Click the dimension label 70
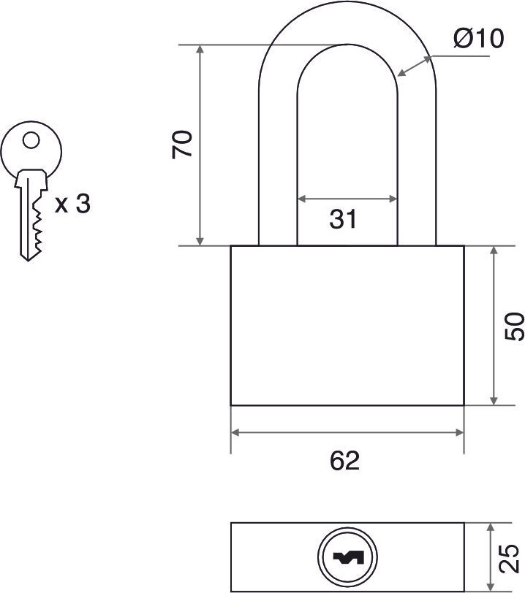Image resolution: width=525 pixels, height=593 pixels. pos(182,145)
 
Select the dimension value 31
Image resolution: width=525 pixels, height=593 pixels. pos(343,219)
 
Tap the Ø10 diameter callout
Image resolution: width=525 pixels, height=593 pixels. pos(479,38)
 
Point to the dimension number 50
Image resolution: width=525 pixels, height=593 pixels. pos(515,326)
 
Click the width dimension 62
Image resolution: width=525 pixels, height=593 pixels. pos(344,461)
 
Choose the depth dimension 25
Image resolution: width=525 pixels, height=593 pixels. pos(508,558)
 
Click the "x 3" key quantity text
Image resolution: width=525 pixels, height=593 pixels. pos(72,204)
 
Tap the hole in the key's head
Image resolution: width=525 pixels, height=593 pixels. pos(31,140)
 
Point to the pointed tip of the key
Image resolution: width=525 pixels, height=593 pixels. pos(28,260)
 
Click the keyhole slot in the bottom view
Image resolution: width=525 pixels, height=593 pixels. pos(348,557)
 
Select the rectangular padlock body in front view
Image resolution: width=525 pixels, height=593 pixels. pos(347,326)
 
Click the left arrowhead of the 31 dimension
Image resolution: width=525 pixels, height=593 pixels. pos(302,199)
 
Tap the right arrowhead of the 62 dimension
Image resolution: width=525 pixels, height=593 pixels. pos(459,433)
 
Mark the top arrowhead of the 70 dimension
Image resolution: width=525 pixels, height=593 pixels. pos(200,49)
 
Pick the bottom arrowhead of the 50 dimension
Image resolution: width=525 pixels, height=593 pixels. pos(493,400)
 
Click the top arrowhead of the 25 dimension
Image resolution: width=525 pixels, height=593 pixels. pos(491,528)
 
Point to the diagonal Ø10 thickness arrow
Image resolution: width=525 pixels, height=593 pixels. pos(415,66)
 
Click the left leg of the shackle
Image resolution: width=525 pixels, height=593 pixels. pos(278,167)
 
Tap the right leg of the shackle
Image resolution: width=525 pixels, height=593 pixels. pos(417,167)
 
